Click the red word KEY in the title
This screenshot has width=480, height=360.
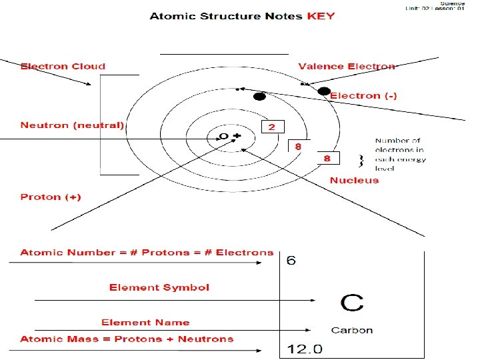(320, 15)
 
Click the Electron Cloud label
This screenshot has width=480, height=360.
(63, 66)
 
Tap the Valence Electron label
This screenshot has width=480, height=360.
(346, 66)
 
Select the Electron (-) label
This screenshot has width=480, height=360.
(364, 95)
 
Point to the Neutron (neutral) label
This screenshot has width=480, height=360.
(72, 125)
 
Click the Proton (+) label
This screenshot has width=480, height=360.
(51, 197)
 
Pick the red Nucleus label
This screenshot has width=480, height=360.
(354, 180)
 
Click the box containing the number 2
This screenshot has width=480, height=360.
(273, 126)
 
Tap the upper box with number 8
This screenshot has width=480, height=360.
(297, 145)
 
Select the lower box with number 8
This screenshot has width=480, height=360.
(327, 158)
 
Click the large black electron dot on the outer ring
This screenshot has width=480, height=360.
(324, 91)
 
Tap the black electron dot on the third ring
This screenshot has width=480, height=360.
(259, 97)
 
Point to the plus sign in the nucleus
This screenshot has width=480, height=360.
(236, 136)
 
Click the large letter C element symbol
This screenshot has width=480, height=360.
(352, 303)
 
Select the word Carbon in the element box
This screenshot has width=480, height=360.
(352, 330)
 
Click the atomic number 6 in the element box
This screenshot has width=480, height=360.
(291, 261)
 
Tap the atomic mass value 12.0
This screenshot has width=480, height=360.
(304, 349)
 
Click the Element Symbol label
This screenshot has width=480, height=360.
(159, 287)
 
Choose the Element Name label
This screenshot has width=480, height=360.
(145, 322)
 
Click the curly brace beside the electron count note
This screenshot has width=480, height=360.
(361, 161)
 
